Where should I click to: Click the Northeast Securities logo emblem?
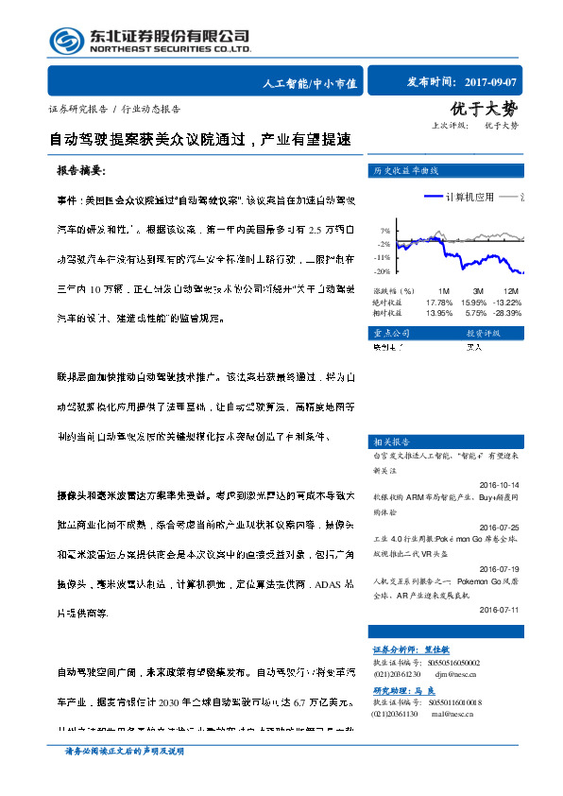pyautogui.click(x=66, y=41)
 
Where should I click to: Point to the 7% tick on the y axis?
pyautogui.click(x=385, y=231)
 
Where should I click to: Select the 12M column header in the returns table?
pyautogui.click(x=511, y=290)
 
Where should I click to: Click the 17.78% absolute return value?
pyautogui.click(x=439, y=302)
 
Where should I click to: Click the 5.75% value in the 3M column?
pyautogui.click(x=473, y=312)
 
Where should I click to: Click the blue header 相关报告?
pyautogui.click(x=390, y=441)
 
